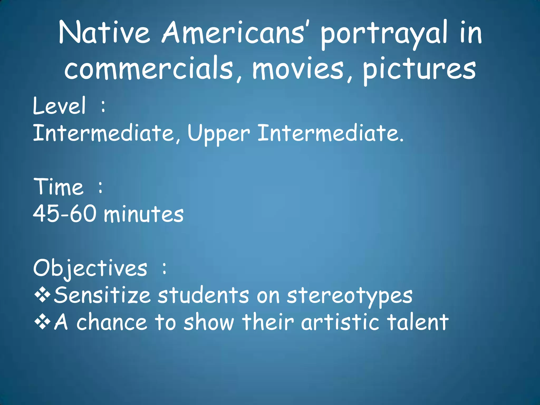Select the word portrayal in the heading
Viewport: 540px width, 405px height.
[384, 34]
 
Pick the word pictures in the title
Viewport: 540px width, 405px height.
[419, 70]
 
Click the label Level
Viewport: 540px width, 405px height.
[59, 106]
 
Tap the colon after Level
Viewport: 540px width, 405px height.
[103, 107]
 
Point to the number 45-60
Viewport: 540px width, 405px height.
[65, 214]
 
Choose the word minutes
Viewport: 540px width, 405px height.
[144, 214]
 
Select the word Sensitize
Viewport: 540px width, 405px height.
[102, 295]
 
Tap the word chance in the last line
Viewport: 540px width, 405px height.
[111, 322]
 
